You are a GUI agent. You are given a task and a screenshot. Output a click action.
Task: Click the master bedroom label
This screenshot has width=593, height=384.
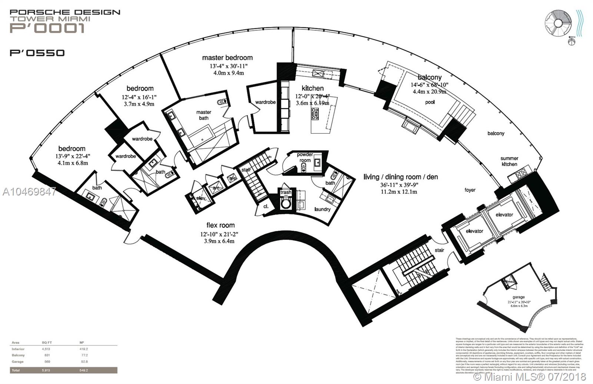227,58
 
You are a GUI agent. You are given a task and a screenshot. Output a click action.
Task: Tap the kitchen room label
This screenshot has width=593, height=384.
312,88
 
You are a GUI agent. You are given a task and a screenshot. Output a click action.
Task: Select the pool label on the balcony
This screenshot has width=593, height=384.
430,102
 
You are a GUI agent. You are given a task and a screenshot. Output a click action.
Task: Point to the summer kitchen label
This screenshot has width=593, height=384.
509,161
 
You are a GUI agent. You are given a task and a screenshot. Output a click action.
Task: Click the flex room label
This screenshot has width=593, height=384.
221,225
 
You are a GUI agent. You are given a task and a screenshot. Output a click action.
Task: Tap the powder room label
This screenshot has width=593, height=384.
305,157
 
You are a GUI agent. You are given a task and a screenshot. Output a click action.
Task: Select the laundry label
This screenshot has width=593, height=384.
322,209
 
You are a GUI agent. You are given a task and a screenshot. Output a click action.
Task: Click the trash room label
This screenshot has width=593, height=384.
286,193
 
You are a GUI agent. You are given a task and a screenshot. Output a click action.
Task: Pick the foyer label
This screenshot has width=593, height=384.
470,190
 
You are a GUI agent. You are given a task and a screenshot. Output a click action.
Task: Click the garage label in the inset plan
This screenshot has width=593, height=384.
519,297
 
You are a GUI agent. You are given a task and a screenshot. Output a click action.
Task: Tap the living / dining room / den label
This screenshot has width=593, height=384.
401,177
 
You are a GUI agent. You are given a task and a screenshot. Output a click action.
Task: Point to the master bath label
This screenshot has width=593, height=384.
203,115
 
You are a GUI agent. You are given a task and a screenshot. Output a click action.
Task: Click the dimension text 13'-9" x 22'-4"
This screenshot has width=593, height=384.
72,156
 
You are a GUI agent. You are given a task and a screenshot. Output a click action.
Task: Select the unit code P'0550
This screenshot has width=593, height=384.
37,53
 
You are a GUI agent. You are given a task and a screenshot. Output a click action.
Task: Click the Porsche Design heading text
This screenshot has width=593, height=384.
65,12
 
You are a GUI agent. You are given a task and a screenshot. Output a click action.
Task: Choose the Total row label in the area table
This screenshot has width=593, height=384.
16,370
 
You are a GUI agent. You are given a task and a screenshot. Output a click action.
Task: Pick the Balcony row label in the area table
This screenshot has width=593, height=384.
18,355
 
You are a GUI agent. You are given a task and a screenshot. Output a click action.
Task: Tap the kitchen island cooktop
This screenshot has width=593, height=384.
316,114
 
